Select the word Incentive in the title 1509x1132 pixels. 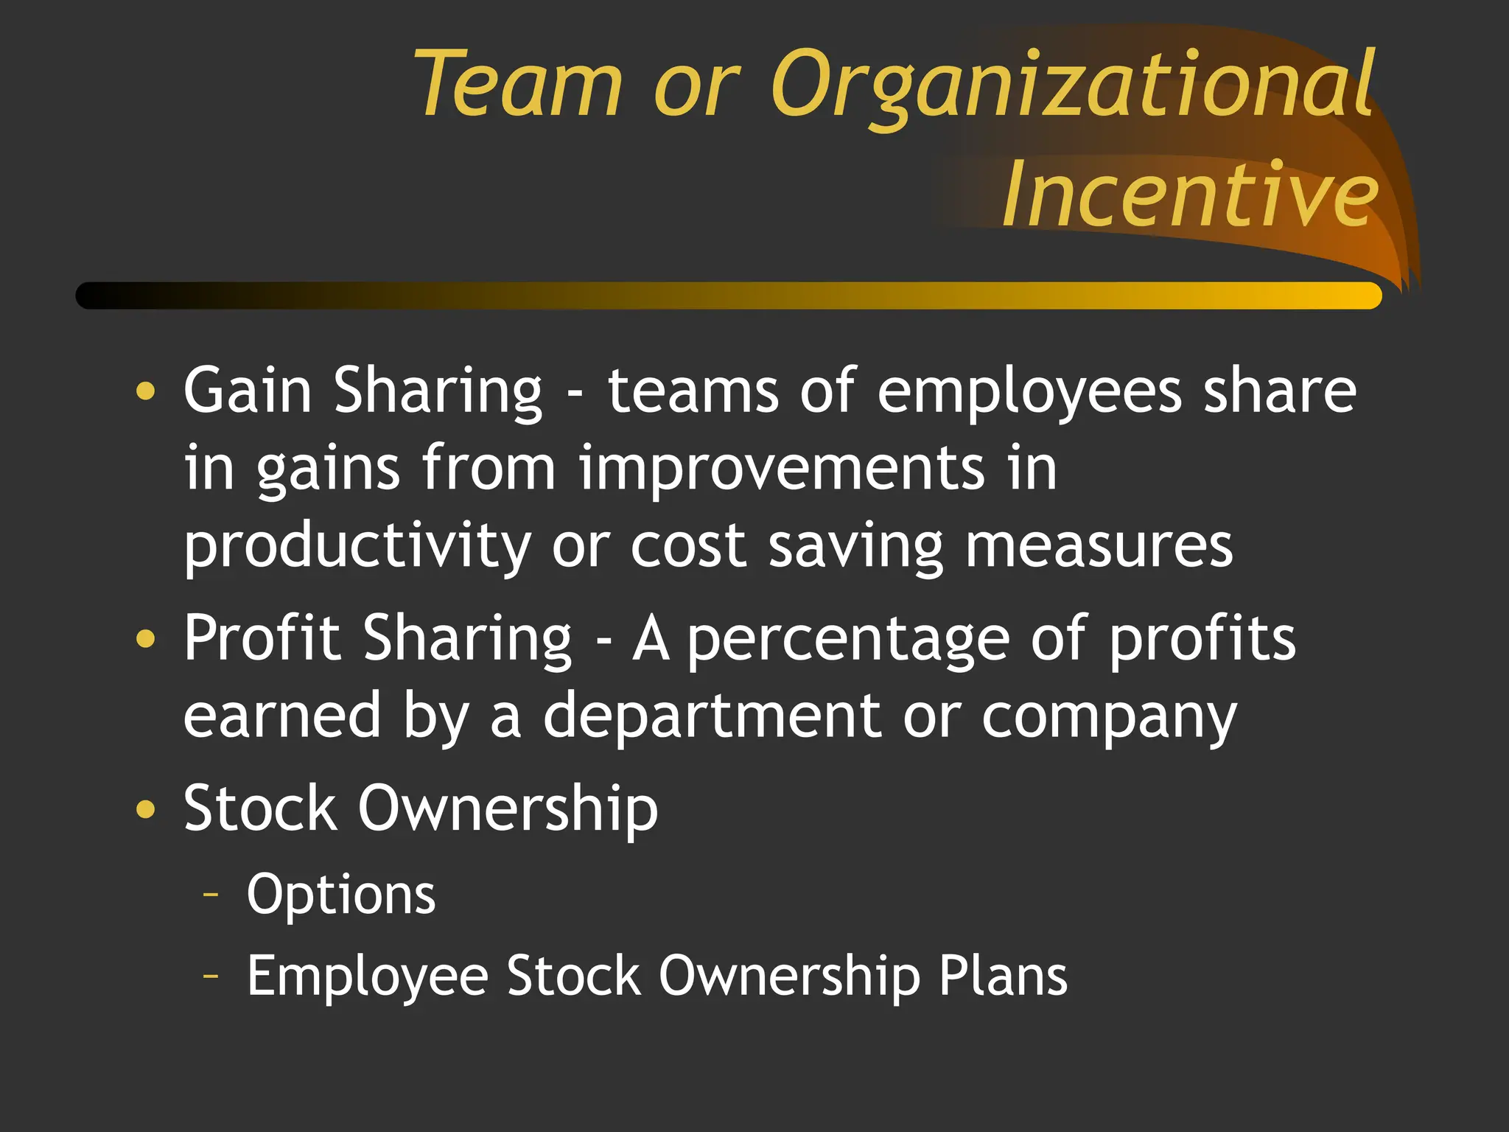[x=1189, y=195]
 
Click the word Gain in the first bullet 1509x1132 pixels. [x=248, y=390]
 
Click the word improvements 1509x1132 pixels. [x=781, y=469]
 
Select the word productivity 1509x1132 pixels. [x=357, y=548]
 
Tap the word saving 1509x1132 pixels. [x=855, y=548]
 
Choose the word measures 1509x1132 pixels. [x=1099, y=547]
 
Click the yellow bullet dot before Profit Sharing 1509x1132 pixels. [x=146, y=638]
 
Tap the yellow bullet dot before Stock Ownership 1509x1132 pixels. [x=146, y=809]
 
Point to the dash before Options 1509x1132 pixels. [x=211, y=895]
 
